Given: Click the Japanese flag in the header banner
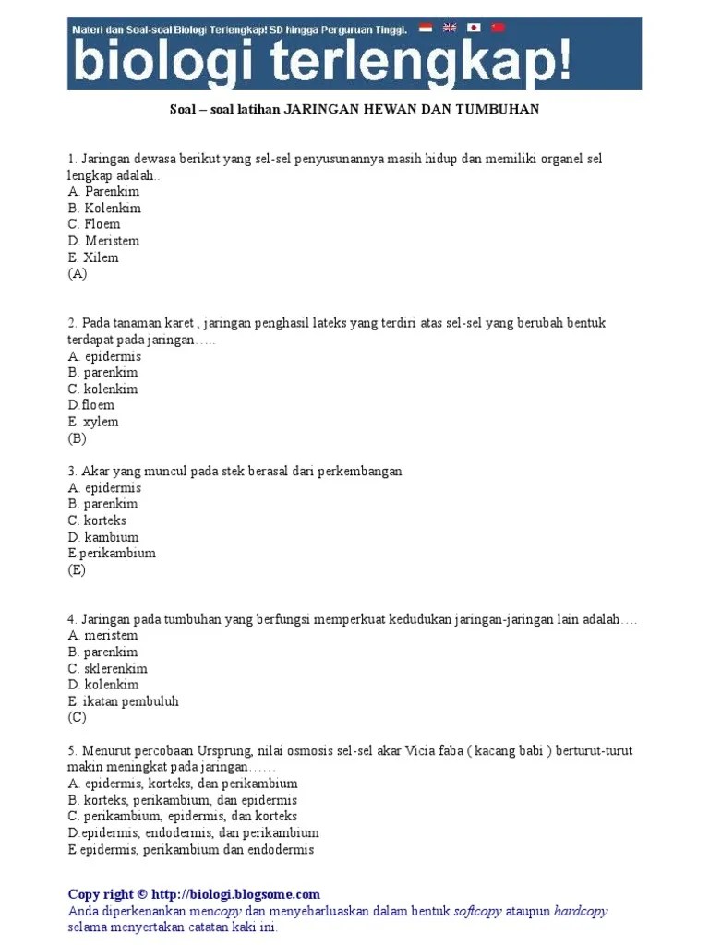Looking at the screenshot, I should tap(474, 28).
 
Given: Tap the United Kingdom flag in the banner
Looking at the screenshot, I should tap(450, 28).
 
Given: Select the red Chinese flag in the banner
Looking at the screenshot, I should tap(499, 28).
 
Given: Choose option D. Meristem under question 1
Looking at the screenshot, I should tap(103, 241).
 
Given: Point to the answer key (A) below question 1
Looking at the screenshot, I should tap(77, 274).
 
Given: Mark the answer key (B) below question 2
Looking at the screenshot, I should tap(77, 438).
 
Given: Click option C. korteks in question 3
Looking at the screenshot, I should tap(97, 520).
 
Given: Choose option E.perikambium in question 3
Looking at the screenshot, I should tap(112, 554).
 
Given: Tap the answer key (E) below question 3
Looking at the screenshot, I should tap(77, 570).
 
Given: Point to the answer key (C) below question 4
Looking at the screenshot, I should tap(77, 718).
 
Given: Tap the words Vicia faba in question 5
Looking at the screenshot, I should tap(435, 751).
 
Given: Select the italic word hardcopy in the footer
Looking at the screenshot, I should tap(581, 911).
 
